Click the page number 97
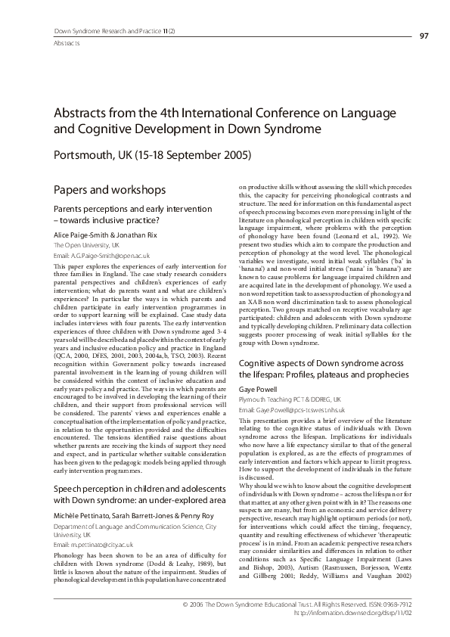[x=424, y=35]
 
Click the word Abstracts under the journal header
[x=70, y=43]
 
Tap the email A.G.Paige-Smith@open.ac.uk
[x=101, y=256]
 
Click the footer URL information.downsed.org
[x=386, y=614]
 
